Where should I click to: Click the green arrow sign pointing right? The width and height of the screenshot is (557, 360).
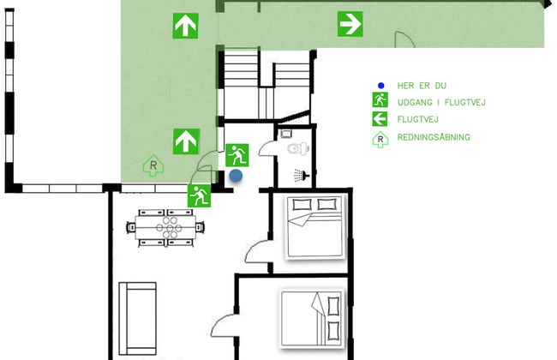click(349, 24)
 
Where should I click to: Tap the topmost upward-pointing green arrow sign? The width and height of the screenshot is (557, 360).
click(184, 26)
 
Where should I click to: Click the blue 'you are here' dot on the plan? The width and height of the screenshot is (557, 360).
click(236, 176)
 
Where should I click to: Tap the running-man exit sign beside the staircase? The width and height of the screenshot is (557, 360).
click(237, 155)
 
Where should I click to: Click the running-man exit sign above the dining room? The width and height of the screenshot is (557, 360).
click(200, 195)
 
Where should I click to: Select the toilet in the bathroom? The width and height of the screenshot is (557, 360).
click(294, 147)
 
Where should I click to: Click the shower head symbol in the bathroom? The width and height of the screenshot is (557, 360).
click(300, 175)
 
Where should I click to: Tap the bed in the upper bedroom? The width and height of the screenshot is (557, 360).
click(314, 225)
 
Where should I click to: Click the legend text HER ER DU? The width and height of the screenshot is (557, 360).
click(422, 86)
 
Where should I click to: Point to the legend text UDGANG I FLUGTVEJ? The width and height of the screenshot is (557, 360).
click(441, 103)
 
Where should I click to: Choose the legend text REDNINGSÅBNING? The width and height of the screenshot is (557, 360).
click(434, 137)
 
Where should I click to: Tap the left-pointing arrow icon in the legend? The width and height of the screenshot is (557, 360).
click(380, 119)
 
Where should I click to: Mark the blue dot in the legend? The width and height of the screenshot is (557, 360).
click(380, 86)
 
